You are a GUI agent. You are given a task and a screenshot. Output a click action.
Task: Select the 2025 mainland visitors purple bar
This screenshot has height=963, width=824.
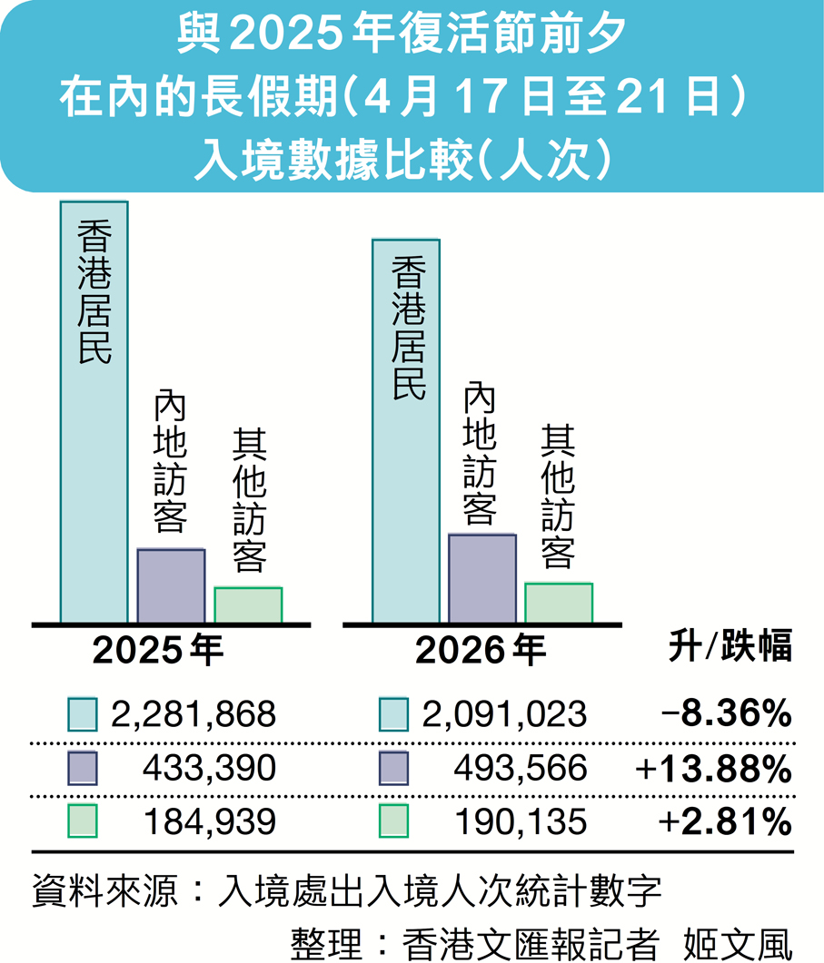[x=171, y=586]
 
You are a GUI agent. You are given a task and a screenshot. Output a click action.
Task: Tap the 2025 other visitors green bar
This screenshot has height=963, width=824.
[x=248, y=605]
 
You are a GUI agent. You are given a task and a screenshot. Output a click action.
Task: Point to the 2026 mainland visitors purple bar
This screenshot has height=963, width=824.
[x=482, y=579]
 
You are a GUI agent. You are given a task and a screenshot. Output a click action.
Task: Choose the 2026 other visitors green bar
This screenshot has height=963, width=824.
[x=559, y=603]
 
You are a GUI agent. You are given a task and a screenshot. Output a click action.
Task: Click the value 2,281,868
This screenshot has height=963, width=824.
[x=192, y=715]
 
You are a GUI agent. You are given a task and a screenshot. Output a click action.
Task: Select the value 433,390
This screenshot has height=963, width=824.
[x=209, y=769]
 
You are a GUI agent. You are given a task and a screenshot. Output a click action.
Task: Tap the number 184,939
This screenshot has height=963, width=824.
[x=209, y=822]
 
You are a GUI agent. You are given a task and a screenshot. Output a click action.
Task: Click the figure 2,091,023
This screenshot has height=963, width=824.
[x=504, y=715]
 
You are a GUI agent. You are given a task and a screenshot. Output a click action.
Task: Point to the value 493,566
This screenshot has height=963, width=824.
[x=521, y=769]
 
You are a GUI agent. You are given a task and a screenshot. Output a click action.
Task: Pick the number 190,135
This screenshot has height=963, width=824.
[x=521, y=822]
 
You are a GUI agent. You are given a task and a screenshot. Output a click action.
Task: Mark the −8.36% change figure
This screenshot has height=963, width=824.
[x=726, y=715]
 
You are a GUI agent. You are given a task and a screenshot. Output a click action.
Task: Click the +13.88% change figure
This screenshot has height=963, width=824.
[x=713, y=769]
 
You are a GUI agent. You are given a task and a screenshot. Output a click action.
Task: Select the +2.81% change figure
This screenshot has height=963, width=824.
[x=726, y=822]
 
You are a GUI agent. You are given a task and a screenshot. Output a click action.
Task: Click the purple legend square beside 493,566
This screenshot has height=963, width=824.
[x=394, y=769]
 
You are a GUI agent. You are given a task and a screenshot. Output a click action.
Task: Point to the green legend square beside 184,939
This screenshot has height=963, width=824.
[x=83, y=822]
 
